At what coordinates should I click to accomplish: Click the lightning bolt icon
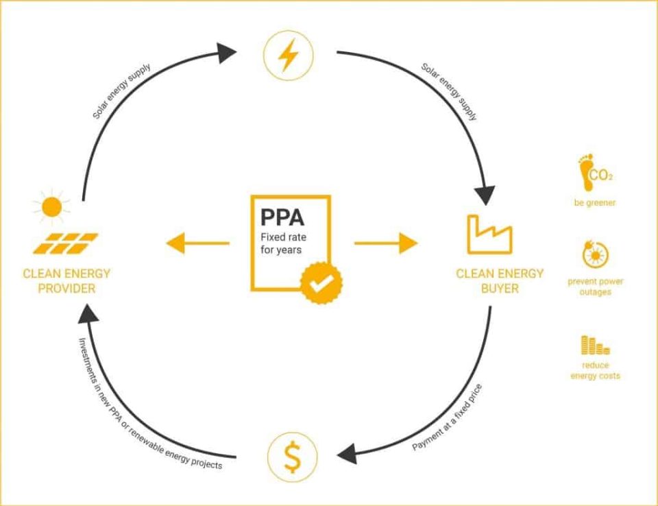[x=288, y=56]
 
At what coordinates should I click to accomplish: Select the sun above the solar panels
[x=51, y=206]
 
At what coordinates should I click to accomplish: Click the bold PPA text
[x=282, y=217]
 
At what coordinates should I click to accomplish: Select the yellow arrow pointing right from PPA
[x=386, y=243]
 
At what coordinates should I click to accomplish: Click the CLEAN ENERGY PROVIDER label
[x=66, y=281]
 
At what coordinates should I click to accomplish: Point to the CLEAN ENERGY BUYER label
[x=500, y=281]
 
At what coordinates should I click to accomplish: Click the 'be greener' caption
[x=595, y=203]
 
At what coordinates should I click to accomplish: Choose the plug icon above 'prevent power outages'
[x=594, y=256]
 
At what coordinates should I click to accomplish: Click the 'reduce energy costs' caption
[x=594, y=370]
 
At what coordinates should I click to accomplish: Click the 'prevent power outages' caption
[x=595, y=287]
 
